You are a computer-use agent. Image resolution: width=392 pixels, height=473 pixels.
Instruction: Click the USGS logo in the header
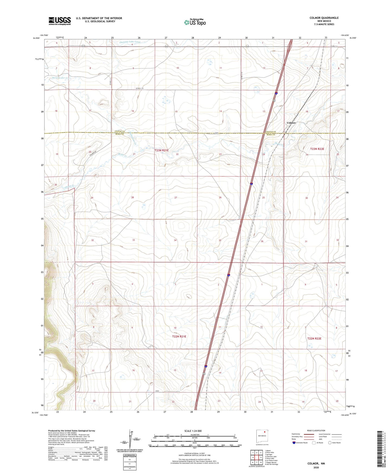(x=59, y=21)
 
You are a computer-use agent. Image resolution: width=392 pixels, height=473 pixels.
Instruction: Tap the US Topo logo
(x=195, y=22)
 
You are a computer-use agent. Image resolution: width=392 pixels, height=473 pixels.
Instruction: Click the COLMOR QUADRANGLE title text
(x=324, y=18)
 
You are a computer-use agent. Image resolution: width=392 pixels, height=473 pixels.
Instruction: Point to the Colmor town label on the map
(x=291, y=123)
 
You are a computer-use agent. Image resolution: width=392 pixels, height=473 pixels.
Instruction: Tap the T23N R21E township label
(x=162, y=150)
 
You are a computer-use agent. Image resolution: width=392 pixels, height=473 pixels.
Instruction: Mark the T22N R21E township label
(x=179, y=336)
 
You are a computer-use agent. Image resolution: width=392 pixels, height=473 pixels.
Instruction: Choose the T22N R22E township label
(x=314, y=338)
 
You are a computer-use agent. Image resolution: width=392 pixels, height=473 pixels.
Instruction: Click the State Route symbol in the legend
(x=330, y=443)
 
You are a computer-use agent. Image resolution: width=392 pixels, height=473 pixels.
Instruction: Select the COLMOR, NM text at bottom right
(x=316, y=464)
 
